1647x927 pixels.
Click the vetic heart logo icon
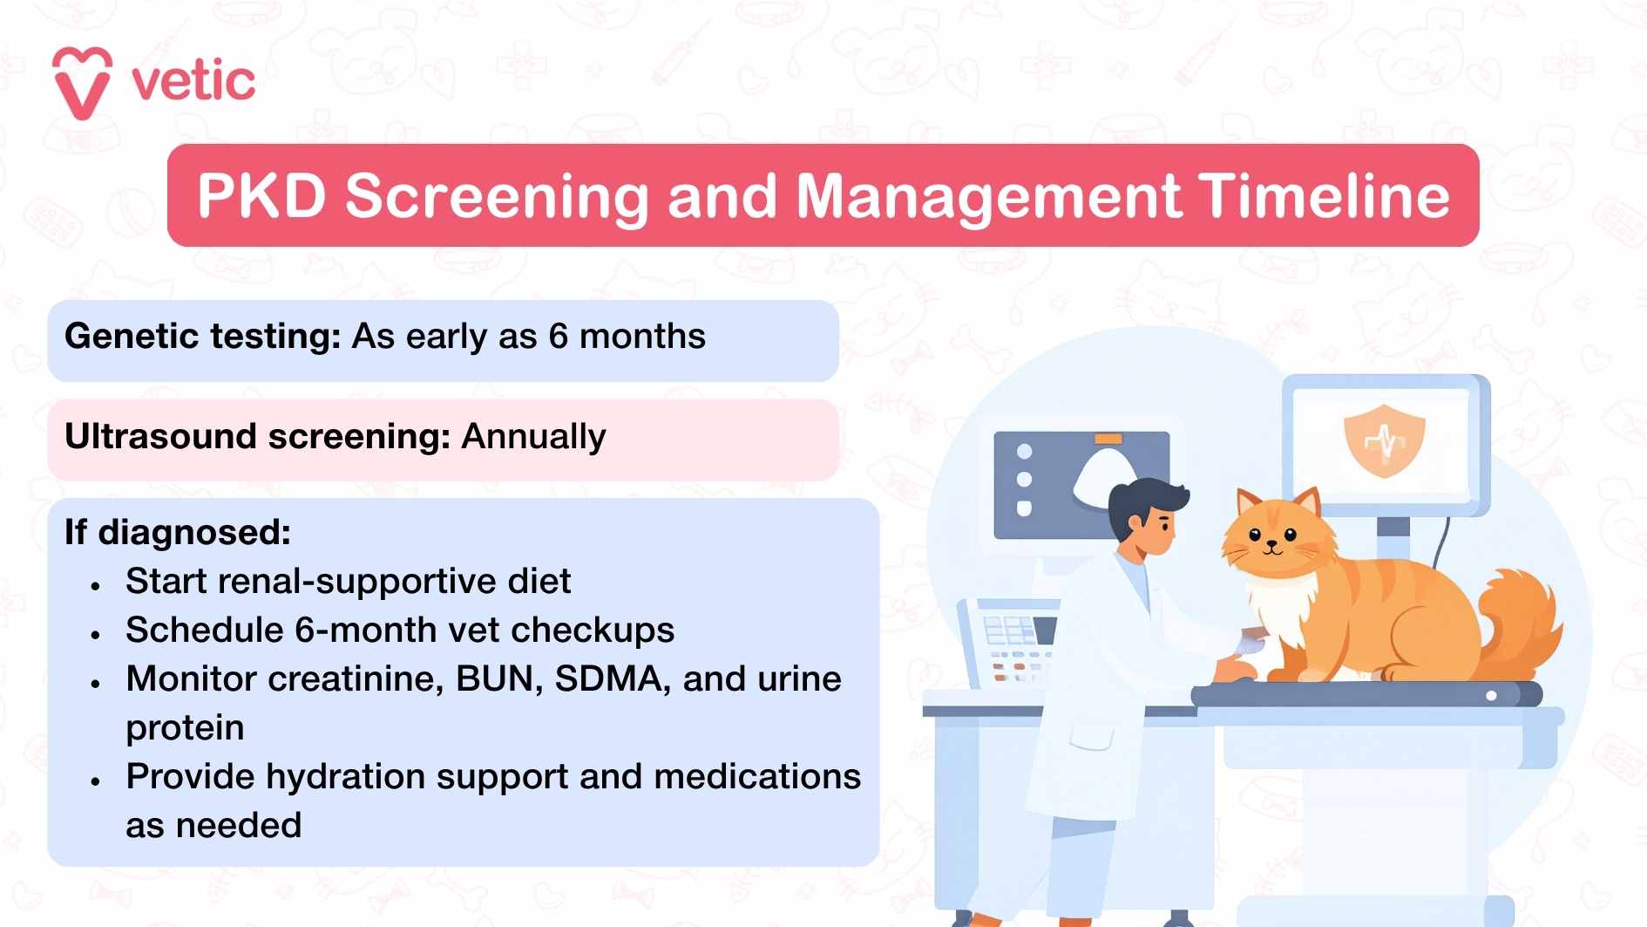82,83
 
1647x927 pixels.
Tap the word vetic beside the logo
193,82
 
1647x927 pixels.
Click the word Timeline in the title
1323,195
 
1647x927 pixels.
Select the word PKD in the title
261,195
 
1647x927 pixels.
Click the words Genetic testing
202,337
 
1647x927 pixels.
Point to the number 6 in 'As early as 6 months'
559,337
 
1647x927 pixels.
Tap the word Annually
533,437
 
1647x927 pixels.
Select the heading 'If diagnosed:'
178,532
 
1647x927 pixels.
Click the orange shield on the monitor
1384,440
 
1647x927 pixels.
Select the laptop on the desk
1011,641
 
